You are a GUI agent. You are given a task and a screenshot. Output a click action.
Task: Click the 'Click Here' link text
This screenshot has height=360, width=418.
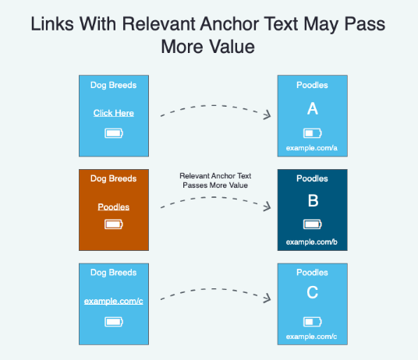click(114, 113)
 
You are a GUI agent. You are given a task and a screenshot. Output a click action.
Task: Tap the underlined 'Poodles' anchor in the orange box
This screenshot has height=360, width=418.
click(114, 207)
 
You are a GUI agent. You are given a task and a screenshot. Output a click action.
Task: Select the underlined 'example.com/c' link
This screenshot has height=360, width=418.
click(114, 301)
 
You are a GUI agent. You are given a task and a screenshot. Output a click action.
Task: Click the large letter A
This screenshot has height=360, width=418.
click(313, 108)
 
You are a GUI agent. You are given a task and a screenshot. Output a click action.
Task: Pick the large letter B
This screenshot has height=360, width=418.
click(313, 200)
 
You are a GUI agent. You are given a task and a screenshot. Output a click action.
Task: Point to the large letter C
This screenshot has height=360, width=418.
click(313, 292)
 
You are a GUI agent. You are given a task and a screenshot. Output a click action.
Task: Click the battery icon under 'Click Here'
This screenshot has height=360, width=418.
click(114, 133)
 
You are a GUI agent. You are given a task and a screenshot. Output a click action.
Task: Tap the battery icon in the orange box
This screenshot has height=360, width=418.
click(114, 224)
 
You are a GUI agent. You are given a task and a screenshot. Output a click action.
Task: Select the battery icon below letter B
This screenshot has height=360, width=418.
click(313, 224)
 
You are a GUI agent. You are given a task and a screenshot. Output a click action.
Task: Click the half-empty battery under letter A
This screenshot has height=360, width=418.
click(313, 133)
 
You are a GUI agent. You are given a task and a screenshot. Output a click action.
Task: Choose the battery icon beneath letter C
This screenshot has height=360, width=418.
click(313, 322)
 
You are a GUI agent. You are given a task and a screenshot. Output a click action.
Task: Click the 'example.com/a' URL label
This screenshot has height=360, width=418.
click(312, 148)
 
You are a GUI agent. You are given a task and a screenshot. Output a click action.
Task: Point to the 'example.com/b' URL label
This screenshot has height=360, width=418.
click(312, 242)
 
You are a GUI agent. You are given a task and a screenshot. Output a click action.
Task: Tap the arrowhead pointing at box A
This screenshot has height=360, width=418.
click(267, 115)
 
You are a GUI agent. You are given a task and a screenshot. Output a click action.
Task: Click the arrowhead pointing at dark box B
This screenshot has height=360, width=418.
click(267, 206)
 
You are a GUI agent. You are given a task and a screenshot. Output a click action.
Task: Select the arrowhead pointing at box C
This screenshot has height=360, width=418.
click(267, 298)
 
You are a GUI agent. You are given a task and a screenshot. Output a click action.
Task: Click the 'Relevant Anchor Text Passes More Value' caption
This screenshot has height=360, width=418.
click(215, 181)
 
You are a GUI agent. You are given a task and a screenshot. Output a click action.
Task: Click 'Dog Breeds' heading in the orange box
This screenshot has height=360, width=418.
click(114, 178)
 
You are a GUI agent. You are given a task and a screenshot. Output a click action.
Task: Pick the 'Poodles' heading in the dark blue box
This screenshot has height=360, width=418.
click(312, 178)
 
